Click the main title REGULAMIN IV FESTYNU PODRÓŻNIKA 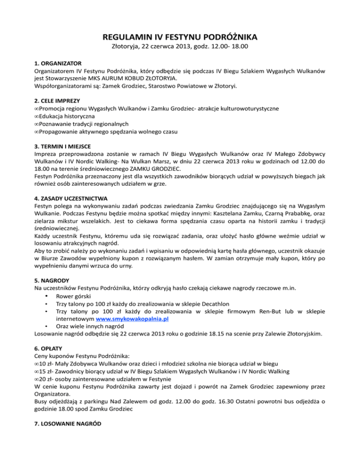pyautogui.click(x=180, y=37)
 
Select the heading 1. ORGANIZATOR pyautogui.click(x=59, y=62)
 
